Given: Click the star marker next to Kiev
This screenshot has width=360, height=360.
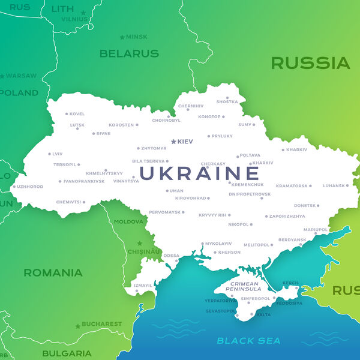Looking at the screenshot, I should click(174, 142).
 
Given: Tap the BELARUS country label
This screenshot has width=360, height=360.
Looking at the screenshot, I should click(129, 53).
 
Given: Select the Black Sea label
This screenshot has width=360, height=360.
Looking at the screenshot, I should click(248, 341).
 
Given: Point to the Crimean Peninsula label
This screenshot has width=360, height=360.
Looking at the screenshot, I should click(243, 286).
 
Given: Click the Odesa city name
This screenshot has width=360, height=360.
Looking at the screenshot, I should click(171, 256).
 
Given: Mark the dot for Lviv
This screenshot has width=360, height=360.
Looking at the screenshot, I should click(49, 154).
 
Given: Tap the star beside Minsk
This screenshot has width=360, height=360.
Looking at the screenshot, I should click(122, 37).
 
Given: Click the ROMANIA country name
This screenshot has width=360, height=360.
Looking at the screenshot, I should click(53, 273).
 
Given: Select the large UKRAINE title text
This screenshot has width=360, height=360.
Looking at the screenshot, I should click(199, 173).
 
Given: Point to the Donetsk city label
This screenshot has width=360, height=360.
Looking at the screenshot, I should click(304, 206).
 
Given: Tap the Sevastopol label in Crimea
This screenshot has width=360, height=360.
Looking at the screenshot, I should click(221, 311).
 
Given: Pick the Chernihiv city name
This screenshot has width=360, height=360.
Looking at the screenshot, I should click(191, 106).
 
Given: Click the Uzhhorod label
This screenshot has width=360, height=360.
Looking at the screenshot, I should click(30, 187).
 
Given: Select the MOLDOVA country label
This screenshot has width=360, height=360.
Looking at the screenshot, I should click(129, 221).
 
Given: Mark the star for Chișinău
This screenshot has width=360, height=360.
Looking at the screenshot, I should click(140, 244).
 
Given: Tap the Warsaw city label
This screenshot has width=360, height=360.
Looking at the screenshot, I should click(22, 76).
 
